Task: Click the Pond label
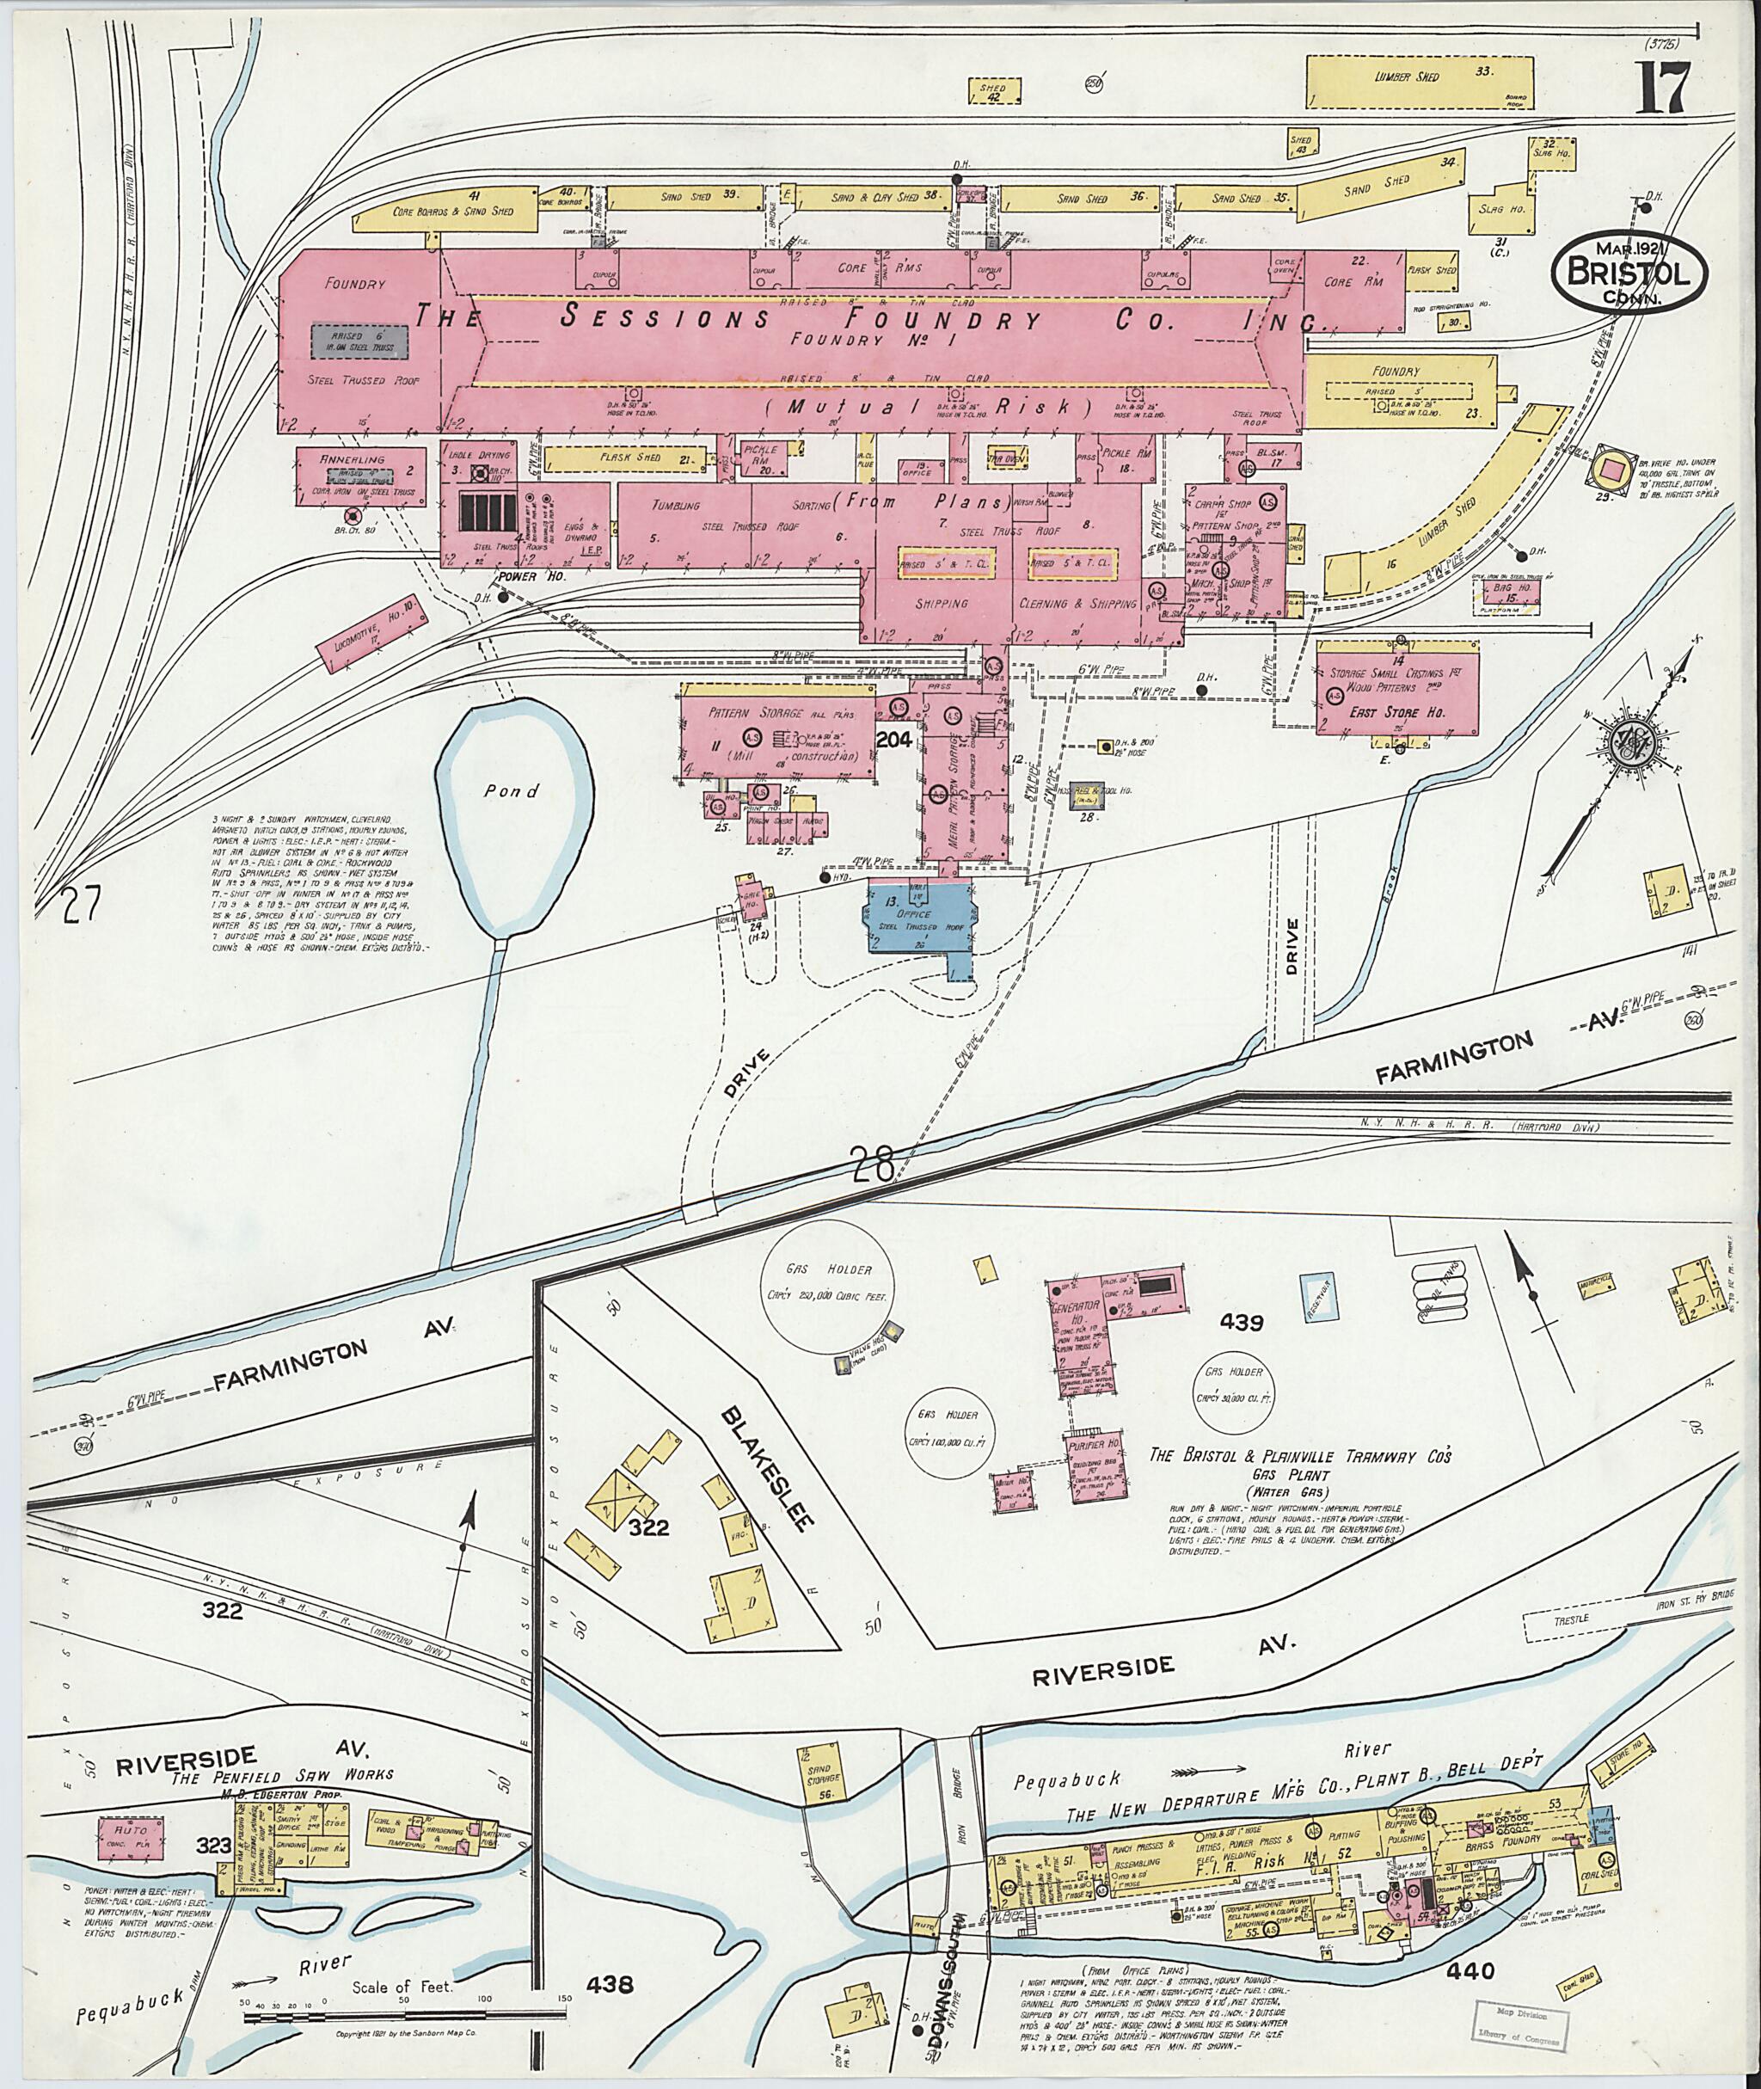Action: point(511,791)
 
